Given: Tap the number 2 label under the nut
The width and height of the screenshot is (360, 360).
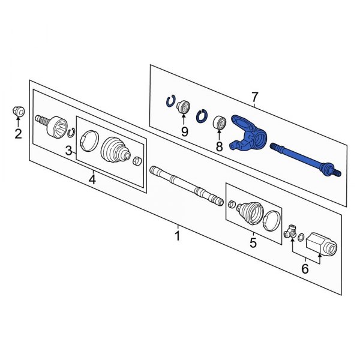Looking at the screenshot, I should point(18,133).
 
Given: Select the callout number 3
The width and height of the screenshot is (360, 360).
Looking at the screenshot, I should point(69,151).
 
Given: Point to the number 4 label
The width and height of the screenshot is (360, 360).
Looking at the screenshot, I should point(92,178).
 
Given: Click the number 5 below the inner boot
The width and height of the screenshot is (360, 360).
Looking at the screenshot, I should point(253,242).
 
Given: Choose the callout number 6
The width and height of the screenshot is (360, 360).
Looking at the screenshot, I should point(305,269).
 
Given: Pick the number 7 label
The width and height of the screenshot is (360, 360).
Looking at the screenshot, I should point(254,97).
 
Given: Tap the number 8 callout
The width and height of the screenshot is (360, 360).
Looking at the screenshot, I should point(219,146).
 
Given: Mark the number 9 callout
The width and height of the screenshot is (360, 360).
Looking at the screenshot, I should point(185,130).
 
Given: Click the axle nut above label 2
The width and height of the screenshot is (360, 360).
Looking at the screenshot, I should point(19,111).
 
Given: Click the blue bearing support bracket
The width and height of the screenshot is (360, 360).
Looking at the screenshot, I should point(249,135).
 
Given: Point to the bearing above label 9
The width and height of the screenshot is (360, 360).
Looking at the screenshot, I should point(184,107).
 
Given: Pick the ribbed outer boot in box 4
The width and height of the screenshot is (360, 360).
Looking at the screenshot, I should point(115,150).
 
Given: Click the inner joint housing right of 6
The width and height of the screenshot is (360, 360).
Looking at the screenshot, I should point(322,245).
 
